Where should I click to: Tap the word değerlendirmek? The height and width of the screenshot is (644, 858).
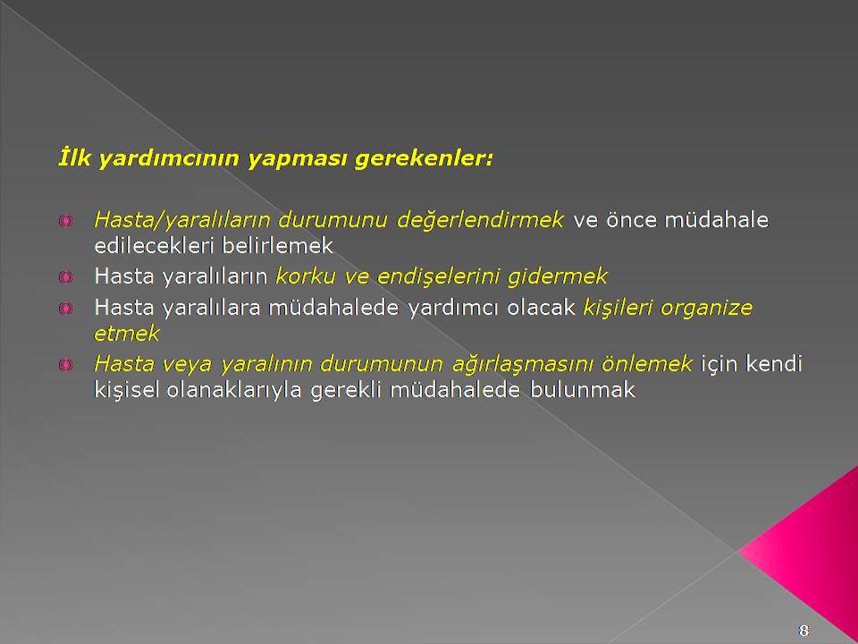(x=480, y=220)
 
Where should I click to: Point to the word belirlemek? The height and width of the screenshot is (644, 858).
(x=277, y=245)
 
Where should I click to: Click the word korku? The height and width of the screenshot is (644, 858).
(x=306, y=276)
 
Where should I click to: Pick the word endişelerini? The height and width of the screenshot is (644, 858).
(x=438, y=277)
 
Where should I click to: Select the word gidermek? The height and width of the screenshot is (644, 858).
(x=557, y=277)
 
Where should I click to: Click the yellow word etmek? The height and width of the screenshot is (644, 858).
(x=127, y=333)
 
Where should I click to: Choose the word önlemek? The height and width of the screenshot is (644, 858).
(x=647, y=364)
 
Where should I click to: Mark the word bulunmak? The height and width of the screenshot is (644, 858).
(x=582, y=389)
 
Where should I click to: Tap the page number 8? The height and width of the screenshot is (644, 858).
(x=803, y=630)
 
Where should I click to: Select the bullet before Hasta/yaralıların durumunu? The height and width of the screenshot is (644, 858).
(x=65, y=221)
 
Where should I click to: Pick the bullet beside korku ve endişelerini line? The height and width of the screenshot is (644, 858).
(x=65, y=277)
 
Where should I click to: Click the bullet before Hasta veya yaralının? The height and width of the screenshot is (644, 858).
(x=65, y=365)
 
